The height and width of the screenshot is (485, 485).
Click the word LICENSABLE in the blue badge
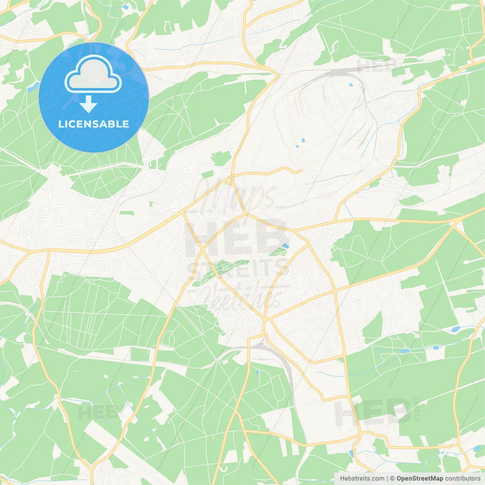point(94,124)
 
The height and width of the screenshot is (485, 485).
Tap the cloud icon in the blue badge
point(93,75)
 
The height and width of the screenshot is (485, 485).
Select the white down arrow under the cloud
point(88,104)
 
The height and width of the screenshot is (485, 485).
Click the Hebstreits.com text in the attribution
point(362,479)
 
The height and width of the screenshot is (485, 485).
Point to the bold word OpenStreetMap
point(420,479)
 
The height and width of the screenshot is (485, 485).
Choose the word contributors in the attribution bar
point(463,479)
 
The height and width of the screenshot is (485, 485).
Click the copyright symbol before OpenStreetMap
point(392,479)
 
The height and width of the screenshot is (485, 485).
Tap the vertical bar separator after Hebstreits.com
point(387,479)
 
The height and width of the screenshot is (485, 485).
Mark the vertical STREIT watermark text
point(418,409)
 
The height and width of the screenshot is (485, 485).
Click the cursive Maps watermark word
point(235,193)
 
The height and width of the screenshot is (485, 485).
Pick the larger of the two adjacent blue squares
point(303,141)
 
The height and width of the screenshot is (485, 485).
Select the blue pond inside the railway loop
point(350,85)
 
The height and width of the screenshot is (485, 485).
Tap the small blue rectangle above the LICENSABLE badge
point(125,7)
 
